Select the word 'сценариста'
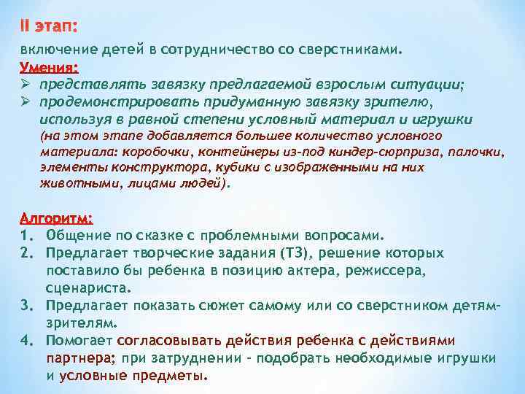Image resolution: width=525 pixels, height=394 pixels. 89,287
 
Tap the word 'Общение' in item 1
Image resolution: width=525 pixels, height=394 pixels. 78,235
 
